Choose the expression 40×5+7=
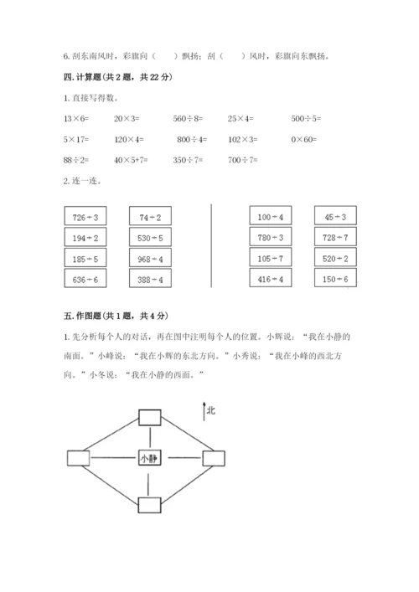pyautogui.click(x=132, y=159)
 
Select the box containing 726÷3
pyautogui.click(x=85, y=218)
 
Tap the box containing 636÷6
pyautogui.click(x=85, y=279)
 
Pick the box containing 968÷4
pyautogui.click(x=151, y=259)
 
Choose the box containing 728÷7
pyautogui.click(x=335, y=239)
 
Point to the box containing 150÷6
pyautogui.click(x=335, y=279)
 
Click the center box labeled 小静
pyautogui.click(x=150, y=458)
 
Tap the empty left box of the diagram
pyautogui.click(x=79, y=458)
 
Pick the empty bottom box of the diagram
pyautogui.click(x=150, y=504)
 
